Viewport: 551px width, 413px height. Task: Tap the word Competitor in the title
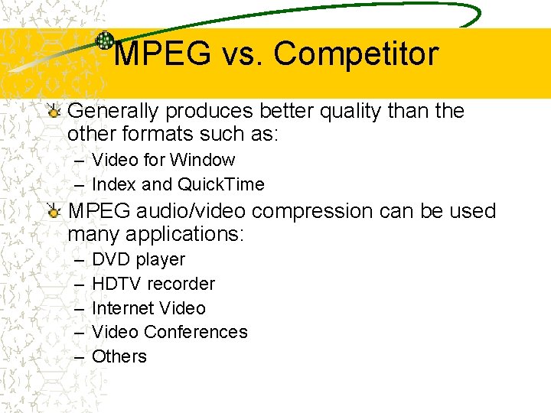point(356,54)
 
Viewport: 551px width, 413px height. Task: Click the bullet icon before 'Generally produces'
point(54,112)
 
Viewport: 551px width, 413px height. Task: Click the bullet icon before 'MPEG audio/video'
point(54,211)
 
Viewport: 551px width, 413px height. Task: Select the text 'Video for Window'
point(163,160)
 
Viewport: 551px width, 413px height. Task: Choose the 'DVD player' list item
point(138,259)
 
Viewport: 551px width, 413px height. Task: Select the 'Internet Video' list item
point(148,308)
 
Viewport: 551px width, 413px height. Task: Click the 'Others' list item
point(119,356)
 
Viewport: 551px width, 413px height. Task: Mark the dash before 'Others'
point(80,356)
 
